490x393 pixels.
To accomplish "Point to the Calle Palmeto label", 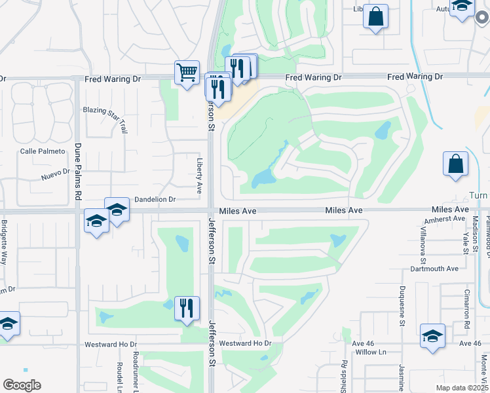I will click(43, 151).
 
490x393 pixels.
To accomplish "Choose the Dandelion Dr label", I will click(155, 199).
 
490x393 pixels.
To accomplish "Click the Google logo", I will click(22, 385).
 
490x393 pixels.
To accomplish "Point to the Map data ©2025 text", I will click(462, 388).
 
